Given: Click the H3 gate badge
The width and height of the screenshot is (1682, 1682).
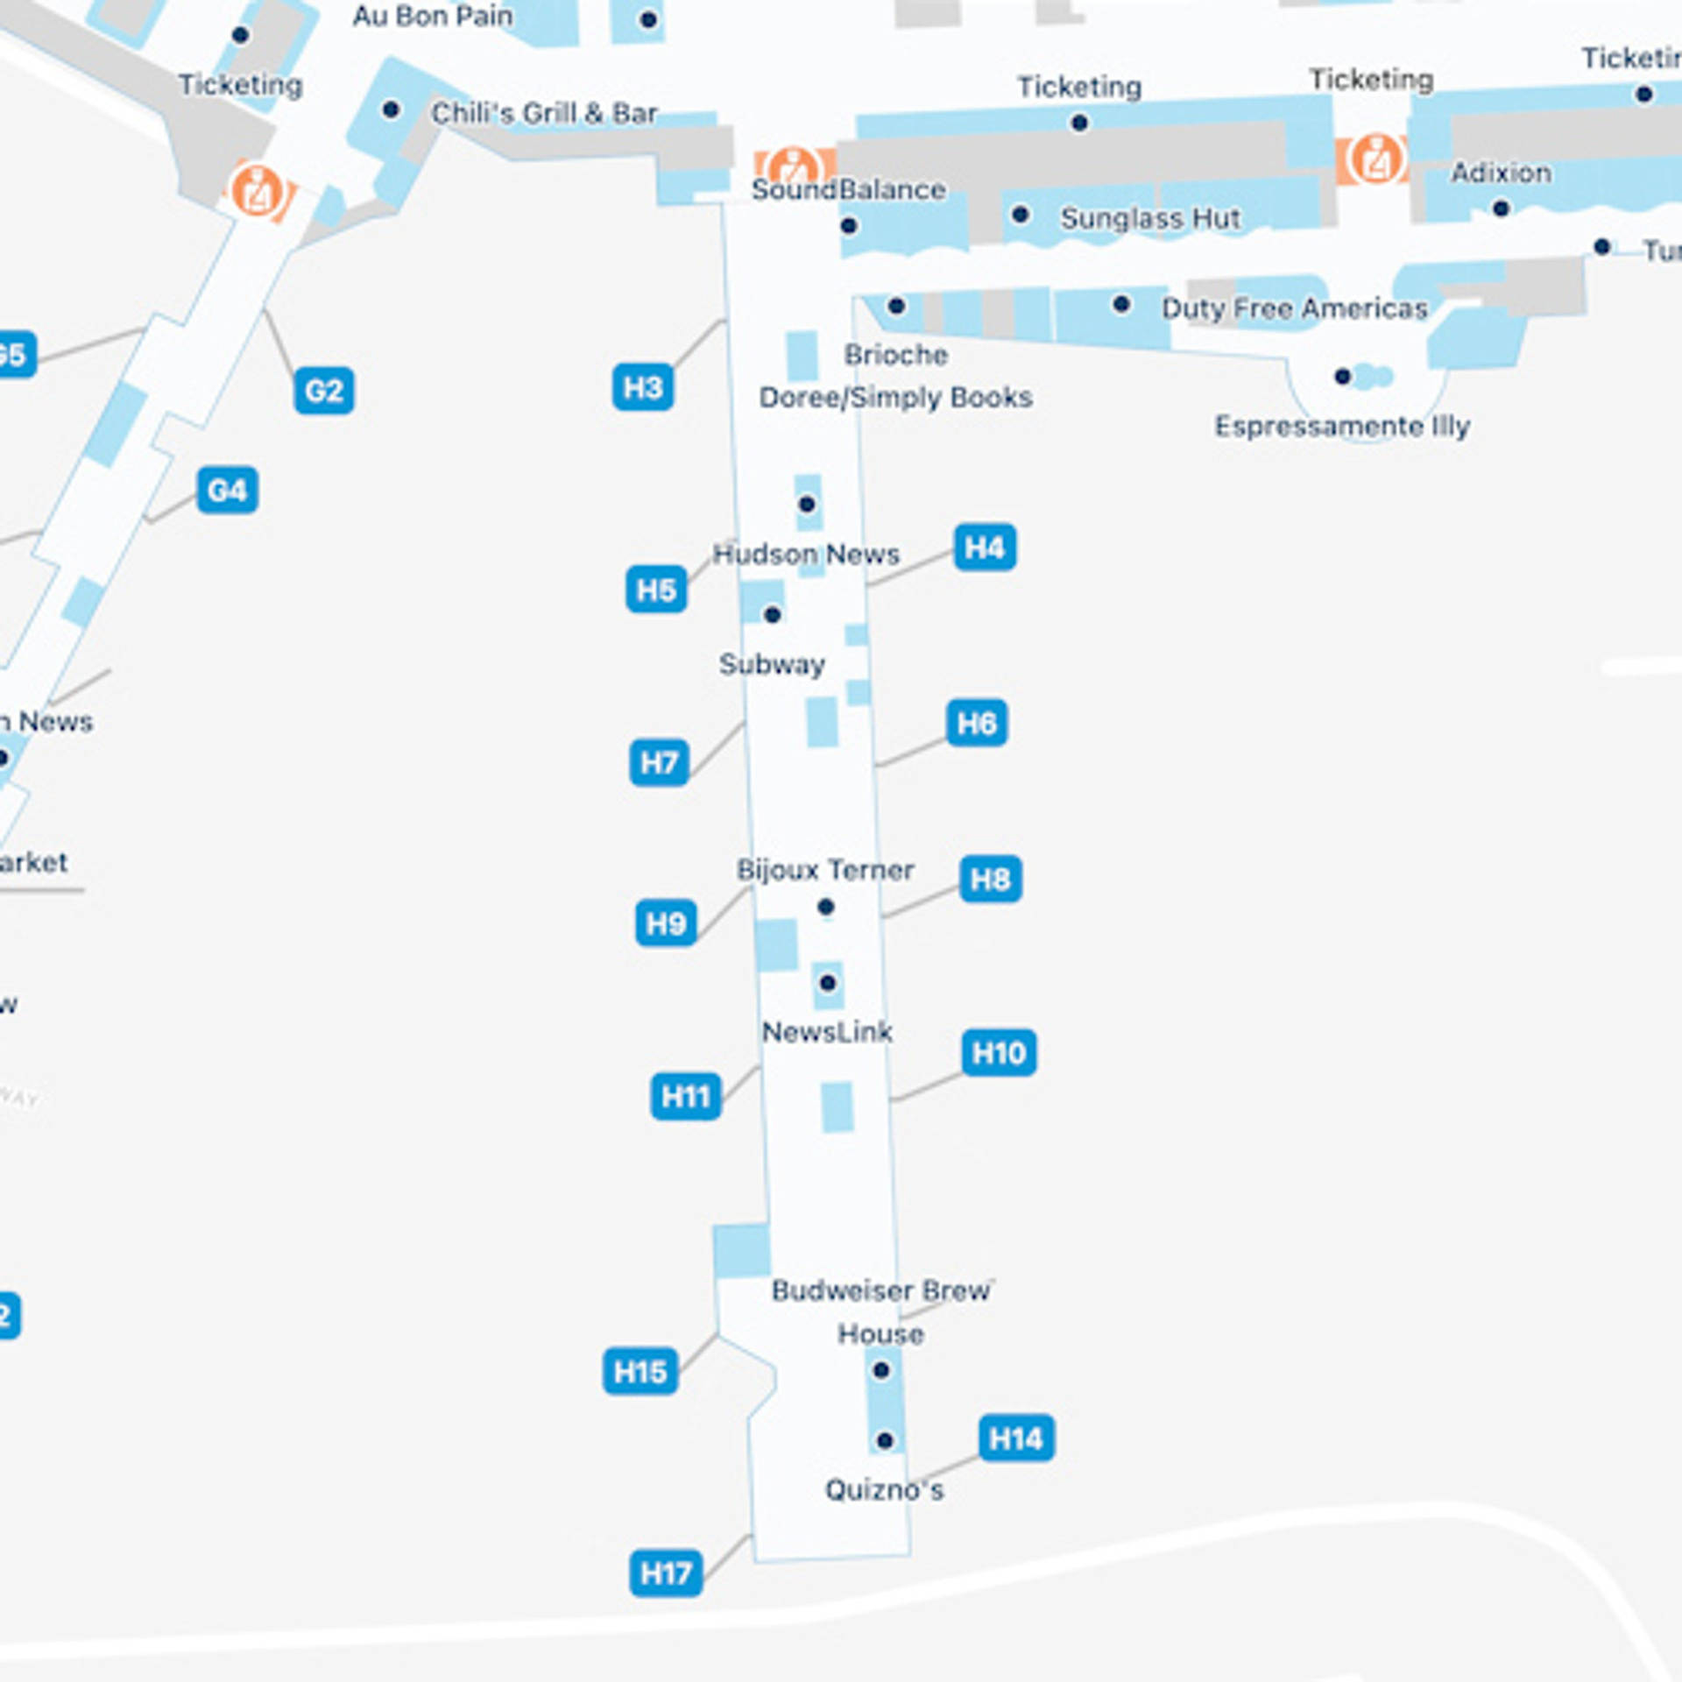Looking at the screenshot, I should pos(642,387).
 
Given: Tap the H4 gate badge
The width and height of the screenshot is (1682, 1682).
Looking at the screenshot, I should pos(984,548).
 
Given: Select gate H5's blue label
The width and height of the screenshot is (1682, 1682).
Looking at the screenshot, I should pos(655,590).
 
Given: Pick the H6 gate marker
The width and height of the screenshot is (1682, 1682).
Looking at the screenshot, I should pos(976,724).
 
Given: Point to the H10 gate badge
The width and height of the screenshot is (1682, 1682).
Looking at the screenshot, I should pos(998,1052).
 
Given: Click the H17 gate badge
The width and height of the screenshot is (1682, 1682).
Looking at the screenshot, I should pos(665,1573).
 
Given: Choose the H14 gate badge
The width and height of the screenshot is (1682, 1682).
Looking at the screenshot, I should pos(1015,1438).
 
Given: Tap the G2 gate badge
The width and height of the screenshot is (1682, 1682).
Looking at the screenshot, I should pos(323,390).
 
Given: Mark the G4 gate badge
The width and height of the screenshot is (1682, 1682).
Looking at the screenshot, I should pos(227,490).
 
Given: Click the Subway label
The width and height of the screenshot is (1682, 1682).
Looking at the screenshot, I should pos(772,664).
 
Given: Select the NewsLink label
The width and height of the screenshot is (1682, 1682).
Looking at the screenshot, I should pos(827,1032).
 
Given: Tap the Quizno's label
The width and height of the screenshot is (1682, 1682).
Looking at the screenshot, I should pos(884,1490).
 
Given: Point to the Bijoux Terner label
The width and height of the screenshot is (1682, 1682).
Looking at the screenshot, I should pos(825,870).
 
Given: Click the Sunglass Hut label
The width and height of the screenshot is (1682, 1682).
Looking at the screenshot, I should pos(1150,218).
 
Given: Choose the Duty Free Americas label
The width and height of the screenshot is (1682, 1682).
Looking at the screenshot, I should pos(1294,308).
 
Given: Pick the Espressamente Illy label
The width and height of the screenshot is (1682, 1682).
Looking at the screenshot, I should pos(1341,427).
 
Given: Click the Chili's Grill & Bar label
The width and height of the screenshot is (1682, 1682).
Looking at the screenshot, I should pos(544,113).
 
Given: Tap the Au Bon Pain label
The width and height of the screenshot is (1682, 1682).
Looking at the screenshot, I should pos(433,16).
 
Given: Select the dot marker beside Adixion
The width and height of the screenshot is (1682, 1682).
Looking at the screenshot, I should pos(1501,208).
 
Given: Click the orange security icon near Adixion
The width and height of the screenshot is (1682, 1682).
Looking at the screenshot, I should pos(1375,159).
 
